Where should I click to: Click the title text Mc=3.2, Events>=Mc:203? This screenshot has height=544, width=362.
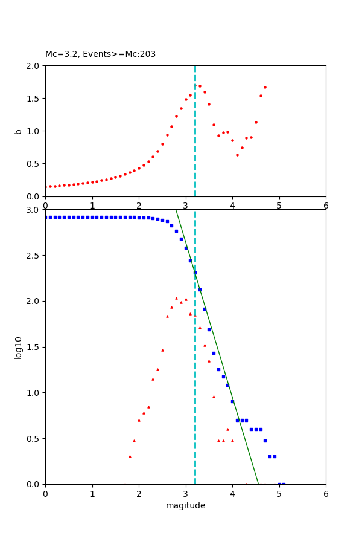100,54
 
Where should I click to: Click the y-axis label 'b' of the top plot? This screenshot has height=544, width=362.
19,131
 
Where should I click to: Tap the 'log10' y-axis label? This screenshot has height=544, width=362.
19,347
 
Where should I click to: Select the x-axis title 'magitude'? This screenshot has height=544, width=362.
185,505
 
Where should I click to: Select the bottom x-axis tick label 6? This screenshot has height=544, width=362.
326,494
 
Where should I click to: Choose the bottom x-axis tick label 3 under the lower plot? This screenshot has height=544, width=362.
185,494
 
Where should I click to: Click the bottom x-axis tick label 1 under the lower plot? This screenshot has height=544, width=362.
92,494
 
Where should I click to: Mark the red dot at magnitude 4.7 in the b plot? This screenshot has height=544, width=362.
265,87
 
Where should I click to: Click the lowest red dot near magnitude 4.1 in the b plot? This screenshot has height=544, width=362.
237,155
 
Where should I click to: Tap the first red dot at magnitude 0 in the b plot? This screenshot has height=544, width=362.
45,187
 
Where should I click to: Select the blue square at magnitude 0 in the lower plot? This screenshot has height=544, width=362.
46,217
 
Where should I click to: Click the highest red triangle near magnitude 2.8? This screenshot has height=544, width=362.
176,298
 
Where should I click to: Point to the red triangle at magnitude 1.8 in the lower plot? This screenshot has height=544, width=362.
130,456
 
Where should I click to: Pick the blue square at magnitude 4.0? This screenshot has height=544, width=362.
232,401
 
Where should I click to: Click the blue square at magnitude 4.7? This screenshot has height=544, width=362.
265,441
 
